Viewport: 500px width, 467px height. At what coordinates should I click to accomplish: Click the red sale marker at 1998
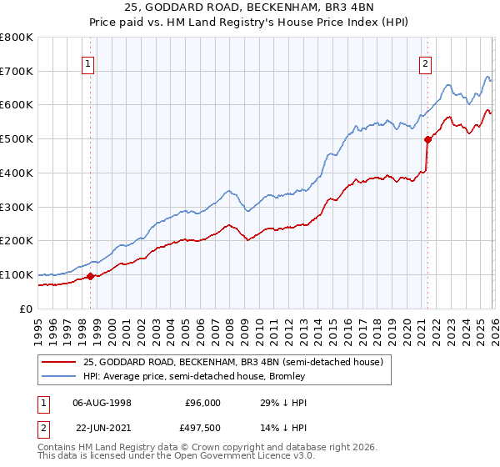click(90, 276)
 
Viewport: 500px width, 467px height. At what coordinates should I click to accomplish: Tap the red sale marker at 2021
click(427, 139)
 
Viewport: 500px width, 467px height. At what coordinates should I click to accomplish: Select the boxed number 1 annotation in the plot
click(88, 62)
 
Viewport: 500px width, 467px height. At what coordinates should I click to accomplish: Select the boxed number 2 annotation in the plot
click(425, 62)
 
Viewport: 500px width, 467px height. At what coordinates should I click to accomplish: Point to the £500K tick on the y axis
click(17, 138)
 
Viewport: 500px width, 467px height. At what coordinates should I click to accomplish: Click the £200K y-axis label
click(17, 240)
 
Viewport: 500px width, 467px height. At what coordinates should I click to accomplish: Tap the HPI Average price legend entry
click(194, 376)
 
